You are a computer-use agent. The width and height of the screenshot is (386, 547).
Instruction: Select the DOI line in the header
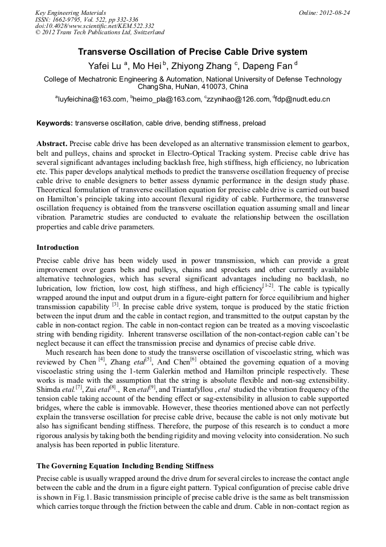coord(95,26)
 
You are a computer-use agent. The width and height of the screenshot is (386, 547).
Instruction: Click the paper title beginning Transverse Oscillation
coord(192,52)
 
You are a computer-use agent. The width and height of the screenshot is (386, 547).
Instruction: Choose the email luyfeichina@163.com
coord(92,99)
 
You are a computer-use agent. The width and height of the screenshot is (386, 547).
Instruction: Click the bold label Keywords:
coord(54,123)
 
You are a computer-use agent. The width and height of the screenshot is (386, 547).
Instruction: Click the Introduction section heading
coord(58,248)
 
